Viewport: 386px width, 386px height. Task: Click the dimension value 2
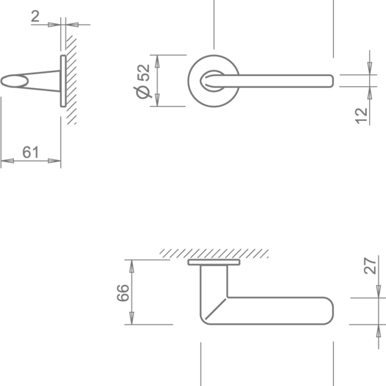pos(35,16)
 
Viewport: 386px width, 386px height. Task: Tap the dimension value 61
pos(31,152)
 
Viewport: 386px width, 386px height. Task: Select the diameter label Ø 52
pos(143,82)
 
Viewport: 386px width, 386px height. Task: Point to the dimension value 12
pos(361,116)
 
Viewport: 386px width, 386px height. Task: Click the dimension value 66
pos(123,293)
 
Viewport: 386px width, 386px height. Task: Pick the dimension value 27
pos(370,266)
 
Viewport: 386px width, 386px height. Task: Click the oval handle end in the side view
pos(14,81)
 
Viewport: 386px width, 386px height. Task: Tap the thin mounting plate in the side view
pos(63,81)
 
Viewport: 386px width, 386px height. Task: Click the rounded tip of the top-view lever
pos(331,81)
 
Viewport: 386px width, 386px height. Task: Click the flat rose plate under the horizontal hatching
pos(214,262)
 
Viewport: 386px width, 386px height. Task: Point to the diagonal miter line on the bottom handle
pos(216,309)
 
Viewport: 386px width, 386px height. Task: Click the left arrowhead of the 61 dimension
pos(7,161)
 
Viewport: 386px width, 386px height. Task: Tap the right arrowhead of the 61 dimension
pos(54,161)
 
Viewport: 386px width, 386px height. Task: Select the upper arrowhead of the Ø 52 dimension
pos(157,62)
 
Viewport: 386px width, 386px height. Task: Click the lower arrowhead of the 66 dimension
pos(132,318)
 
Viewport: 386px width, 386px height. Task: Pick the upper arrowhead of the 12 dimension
pos(370,69)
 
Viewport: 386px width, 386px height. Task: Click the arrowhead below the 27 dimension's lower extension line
pos(379,331)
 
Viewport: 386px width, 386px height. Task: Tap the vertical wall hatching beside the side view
pos(71,80)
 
